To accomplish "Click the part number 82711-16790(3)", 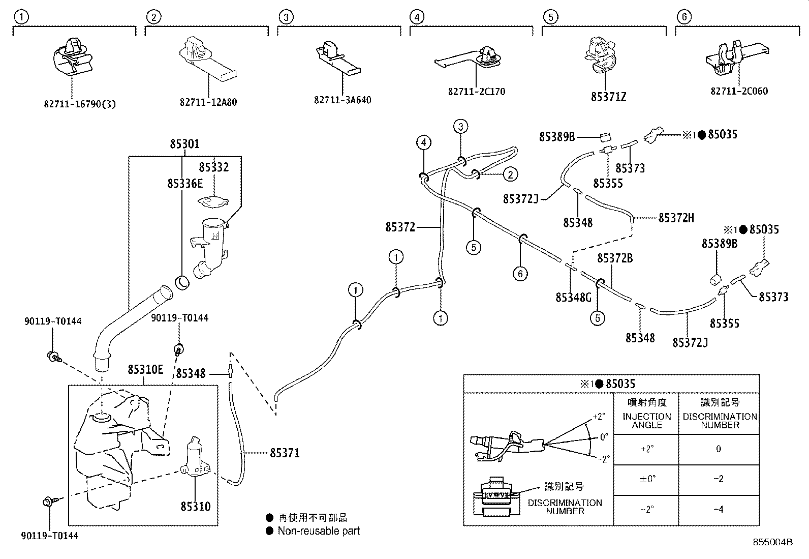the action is (80, 104).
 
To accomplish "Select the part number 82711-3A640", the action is (343, 100).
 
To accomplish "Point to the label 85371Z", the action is (609, 97).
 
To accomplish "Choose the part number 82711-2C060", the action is (739, 91).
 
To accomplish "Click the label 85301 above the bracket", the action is (184, 144).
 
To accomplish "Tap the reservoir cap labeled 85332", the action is (213, 202).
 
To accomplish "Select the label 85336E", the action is (185, 184).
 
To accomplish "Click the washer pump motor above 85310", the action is (195, 456).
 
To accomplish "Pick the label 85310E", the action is (145, 370).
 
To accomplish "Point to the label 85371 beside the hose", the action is (285, 453).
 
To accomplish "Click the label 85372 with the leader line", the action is (400, 227).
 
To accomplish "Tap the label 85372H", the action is (676, 218).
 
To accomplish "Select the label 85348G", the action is (574, 297).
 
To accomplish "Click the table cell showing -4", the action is (719, 510).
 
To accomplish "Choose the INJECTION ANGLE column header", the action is (646, 421).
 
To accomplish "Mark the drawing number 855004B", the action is (772, 542).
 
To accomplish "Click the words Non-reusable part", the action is (319, 531).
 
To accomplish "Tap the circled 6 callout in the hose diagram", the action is (520, 274).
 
